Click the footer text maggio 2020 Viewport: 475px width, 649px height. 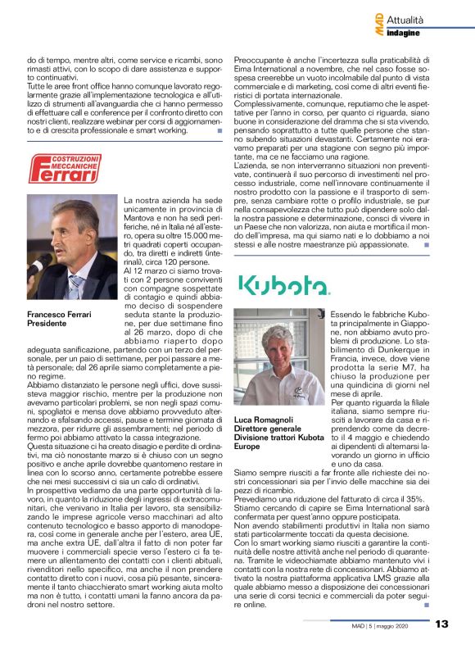pyautogui.click(x=406, y=624)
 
